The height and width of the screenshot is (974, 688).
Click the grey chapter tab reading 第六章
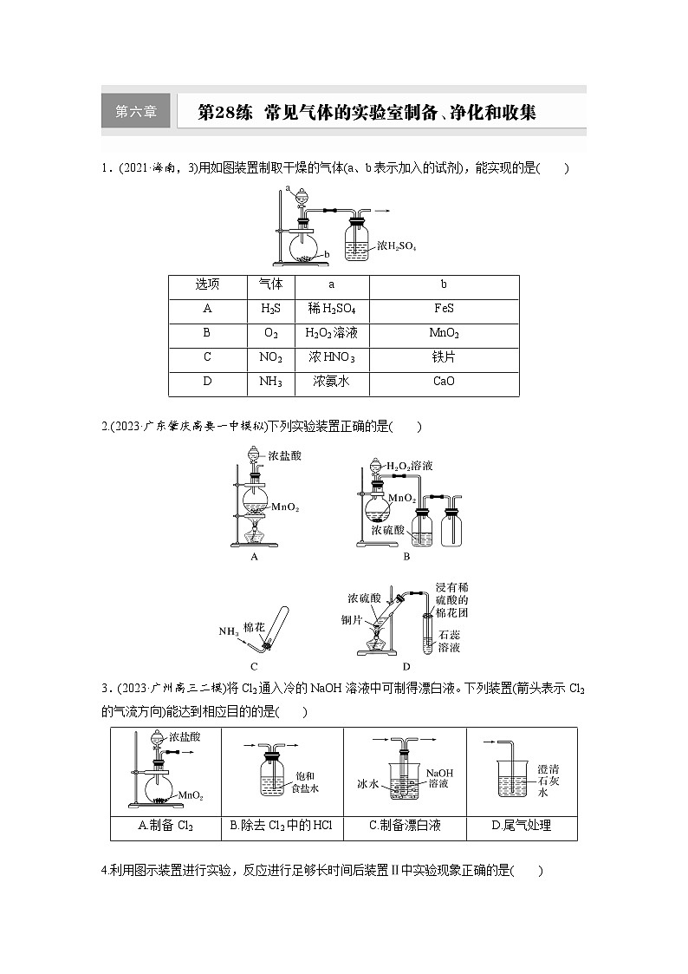(x=136, y=112)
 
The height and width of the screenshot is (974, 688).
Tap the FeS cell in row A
(x=444, y=308)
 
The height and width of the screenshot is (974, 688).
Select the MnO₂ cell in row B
(x=444, y=333)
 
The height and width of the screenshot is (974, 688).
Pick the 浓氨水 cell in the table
(x=331, y=382)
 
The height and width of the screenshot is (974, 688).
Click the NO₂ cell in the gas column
(x=271, y=357)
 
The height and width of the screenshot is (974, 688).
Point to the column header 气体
(x=271, y=284)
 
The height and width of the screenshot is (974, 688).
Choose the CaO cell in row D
(x=444, y=382)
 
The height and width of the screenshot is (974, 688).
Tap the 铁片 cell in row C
(x=444, y=357)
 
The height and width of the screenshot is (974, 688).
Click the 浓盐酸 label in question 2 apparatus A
(x=285, y=454)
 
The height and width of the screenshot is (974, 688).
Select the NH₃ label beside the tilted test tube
(x=230, y=631)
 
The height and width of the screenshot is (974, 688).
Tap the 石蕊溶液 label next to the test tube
(x=449, y=641)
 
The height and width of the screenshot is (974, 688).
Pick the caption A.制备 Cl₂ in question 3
(x=166, y=826)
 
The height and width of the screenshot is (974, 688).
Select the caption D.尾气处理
(x=521, y=826)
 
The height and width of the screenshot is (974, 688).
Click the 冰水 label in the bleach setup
(x=369, y=783)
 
